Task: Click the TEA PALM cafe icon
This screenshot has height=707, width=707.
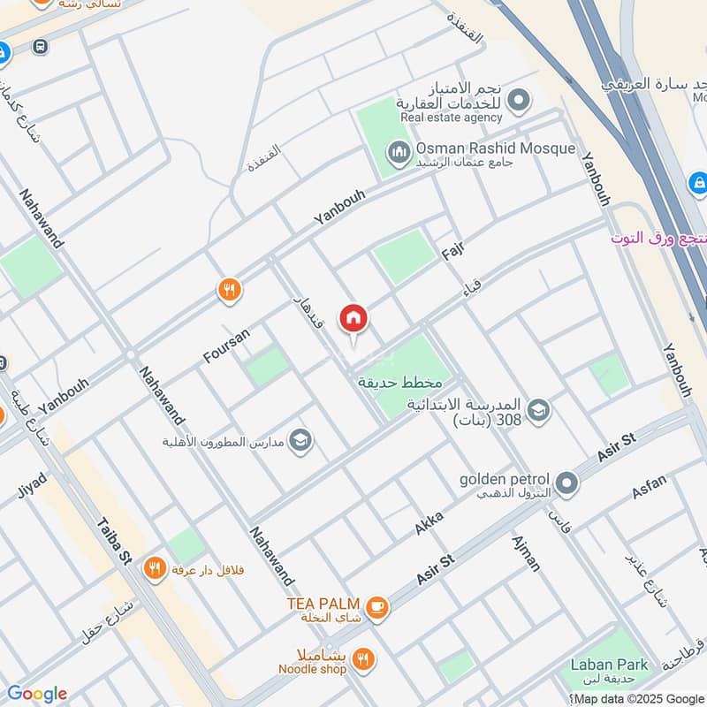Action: coord(377,607)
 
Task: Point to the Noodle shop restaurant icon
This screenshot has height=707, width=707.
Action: coord(361,659)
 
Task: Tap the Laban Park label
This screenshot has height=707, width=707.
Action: coord(609,665)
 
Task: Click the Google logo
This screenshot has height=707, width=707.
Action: coord(36,694)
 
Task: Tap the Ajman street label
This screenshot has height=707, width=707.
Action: coord(526,552)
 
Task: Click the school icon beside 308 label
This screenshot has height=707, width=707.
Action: coord(538,410)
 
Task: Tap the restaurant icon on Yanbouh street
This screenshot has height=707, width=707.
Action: coord(230,289)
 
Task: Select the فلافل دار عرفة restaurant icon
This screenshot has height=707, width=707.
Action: coord(156,570)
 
